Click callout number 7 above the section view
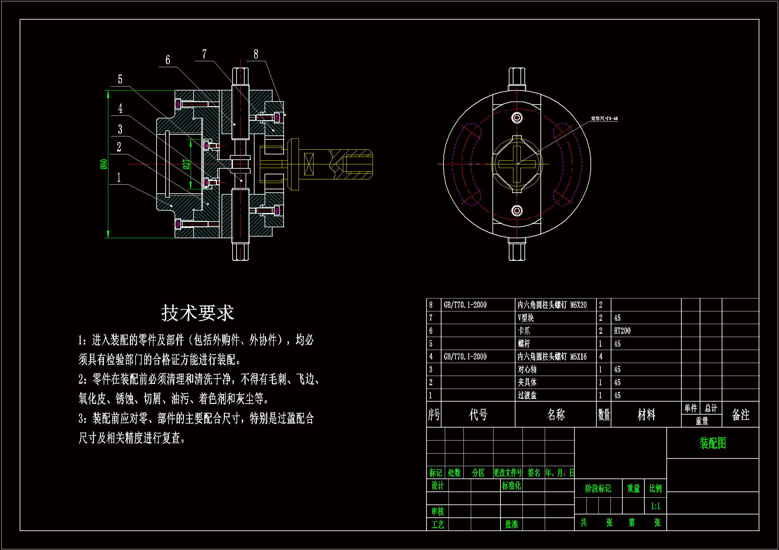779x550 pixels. click(x=204, y=54)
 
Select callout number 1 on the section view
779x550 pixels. click(x=119, y=177)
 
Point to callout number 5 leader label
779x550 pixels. click(x=120, y=79)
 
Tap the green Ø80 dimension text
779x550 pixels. click(x=104, y=164)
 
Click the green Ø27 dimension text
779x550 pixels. click(x=186, y=164)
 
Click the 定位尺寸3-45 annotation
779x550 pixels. click(x=604, y=118)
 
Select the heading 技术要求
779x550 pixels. click(x=198, y=313)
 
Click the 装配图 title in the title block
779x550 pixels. click(x=712, y=443)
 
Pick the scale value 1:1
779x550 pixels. click(x=655, y=506)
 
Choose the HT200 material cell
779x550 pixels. click(x=622, y=331)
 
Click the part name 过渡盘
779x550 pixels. click(x=527, y=395)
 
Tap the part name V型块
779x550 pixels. click(x=525, y=318)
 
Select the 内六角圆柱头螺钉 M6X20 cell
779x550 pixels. click(x=552, y=305)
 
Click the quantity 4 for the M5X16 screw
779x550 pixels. click(x=601, y=356)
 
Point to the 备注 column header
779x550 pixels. click(x=740, y=415)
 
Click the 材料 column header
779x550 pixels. click(x=646, y=415)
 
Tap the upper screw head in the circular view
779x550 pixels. click(x=517, y=118)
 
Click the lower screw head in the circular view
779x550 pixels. click(x=517, y=210)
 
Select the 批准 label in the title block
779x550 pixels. click(x=511, y=524)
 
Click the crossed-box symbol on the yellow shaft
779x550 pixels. click(x=309, y=164)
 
